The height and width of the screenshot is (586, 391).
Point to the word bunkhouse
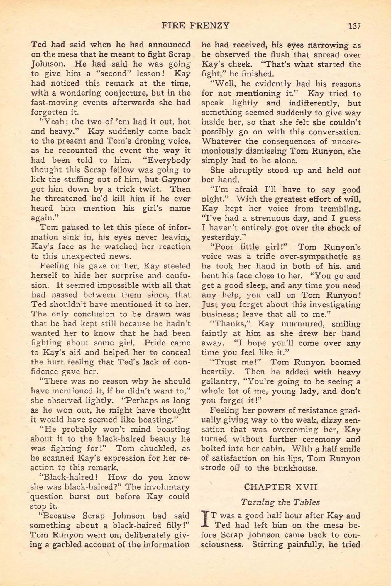pyautogui.click(x=294, y=468)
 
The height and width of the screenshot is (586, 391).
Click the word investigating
pyautogui.click(x=335, y=305)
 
